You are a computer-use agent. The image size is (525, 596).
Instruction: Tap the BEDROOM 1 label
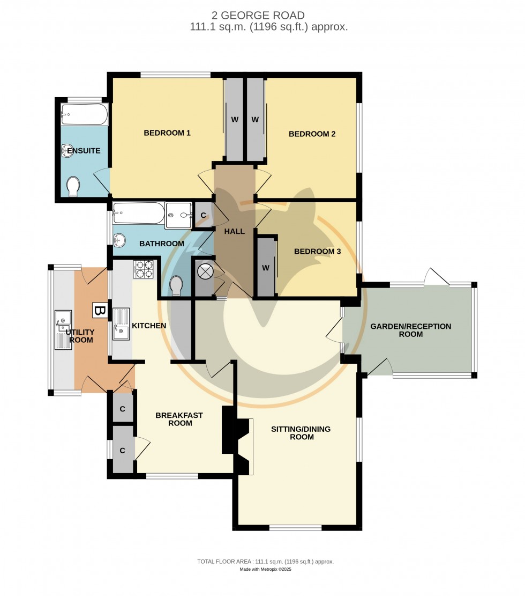(167, 133)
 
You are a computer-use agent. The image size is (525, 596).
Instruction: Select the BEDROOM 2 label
(312, 134)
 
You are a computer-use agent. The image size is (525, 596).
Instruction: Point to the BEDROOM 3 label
(317, 251)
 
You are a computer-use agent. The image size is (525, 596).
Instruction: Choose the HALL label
(234, 231)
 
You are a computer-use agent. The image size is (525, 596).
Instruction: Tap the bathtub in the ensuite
(85, 114)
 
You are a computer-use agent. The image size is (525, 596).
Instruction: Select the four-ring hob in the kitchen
(143, 269)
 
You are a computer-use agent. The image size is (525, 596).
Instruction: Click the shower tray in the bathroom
(177, 216)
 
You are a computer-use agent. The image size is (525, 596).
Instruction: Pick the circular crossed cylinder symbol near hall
(205, 271)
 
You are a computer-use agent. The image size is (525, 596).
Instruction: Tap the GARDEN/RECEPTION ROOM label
(410, 330)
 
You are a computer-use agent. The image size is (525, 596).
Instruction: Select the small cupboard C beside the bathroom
(203, 216)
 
